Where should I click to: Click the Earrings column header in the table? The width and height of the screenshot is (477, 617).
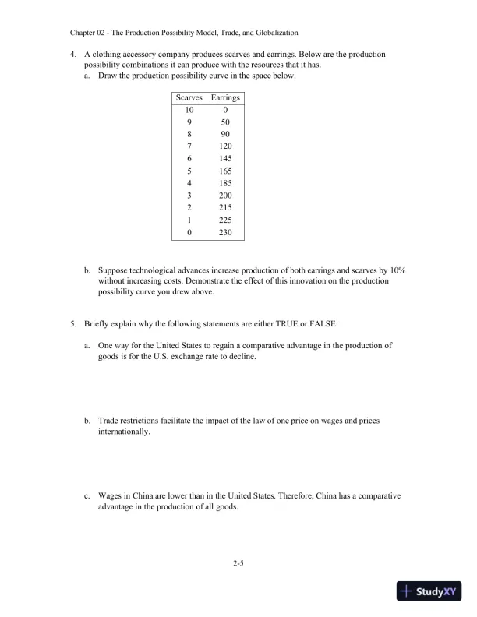coord(224,98)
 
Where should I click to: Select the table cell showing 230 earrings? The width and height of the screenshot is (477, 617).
coord(224,231)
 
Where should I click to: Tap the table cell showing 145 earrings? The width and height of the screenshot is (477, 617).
coord(224,158)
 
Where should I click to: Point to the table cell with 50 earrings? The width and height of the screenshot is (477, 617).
coord(224,122)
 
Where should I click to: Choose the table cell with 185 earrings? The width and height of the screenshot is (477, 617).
coord(224,183)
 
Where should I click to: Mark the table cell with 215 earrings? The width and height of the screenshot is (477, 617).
coord(224,207)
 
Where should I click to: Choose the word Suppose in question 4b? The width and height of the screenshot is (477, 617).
coord(115,269)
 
